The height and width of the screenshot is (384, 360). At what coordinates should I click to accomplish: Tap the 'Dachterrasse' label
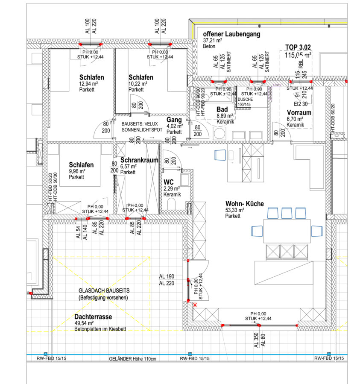point(93,317)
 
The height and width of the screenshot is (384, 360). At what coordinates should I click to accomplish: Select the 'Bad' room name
point(222,109)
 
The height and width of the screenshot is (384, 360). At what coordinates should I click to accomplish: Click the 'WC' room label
point(168,182)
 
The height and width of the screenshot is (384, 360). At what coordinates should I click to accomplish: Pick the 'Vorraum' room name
point(298,113)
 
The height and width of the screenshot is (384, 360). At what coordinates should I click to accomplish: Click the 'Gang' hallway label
point(174,120)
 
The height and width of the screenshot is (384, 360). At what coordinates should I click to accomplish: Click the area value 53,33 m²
point(235,210)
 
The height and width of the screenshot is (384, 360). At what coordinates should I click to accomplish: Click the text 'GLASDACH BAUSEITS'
point(104,290)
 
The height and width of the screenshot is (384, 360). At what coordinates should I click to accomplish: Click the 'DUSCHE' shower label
point(246,99)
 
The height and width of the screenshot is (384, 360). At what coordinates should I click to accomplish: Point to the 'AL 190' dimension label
point(167,276)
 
